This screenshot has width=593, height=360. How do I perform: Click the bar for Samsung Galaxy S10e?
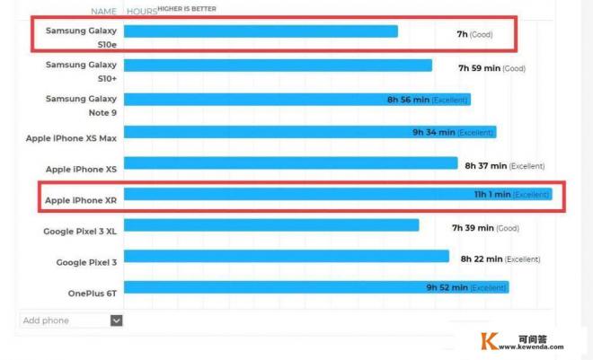click(x=261, y=31)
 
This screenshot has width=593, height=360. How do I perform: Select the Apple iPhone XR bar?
click(x=337, y=194)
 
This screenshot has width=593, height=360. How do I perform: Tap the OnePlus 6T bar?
click(x=314, y=287)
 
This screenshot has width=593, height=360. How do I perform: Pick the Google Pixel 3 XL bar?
click(x=270, y=225)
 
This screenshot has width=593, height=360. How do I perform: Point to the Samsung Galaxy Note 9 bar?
click(x=296, y=100)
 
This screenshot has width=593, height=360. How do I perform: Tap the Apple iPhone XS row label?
click(x=81, y=169)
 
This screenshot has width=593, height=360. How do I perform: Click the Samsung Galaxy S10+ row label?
click(x=81, y=71)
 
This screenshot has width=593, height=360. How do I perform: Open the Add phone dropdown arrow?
click(x=116, y=320)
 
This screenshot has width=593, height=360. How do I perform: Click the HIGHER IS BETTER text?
click(x=187, y=9)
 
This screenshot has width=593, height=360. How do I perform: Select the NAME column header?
click(x=103, y=12)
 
